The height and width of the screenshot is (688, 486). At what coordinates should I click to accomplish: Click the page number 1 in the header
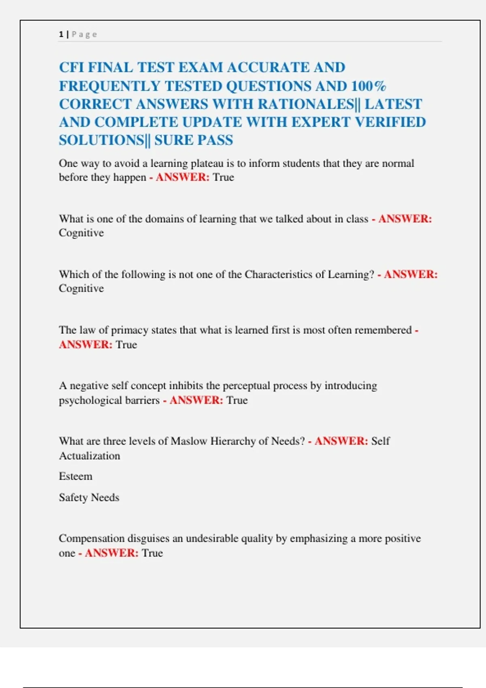pos(61,34)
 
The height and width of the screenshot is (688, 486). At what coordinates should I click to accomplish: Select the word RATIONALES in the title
pos(306,104)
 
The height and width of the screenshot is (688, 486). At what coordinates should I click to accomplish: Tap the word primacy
pos(129,330)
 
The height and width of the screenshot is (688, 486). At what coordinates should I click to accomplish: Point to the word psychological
pos(109,400)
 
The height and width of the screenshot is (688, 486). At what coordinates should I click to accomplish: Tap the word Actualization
pos(90,456)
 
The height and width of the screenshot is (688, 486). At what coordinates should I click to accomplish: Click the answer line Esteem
pos(76,476)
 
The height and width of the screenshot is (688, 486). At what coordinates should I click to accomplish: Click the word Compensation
pos(92,539)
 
